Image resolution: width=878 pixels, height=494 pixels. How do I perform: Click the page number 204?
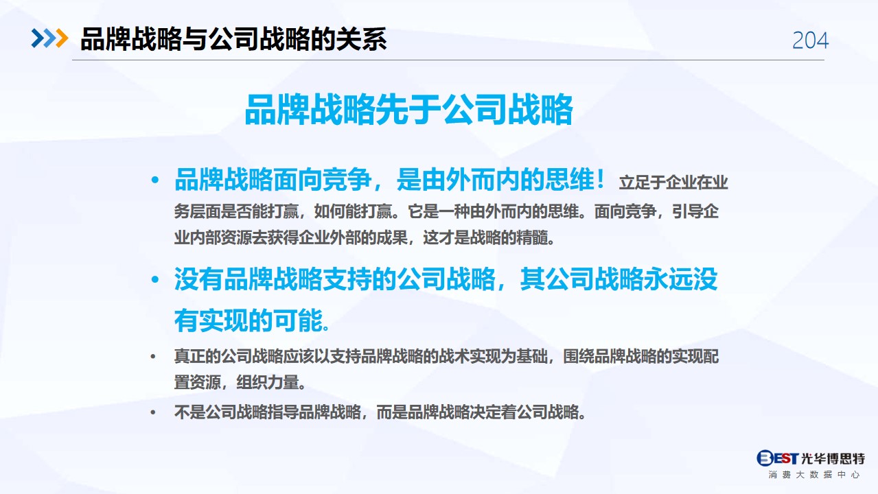(x=810, y=40)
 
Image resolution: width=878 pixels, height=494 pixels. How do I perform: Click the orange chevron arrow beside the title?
(x=62, y=38)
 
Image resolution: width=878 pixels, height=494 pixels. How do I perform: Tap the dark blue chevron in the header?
(x=38, y=38)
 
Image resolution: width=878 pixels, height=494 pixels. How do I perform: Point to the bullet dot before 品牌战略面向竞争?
(x=155, y=180)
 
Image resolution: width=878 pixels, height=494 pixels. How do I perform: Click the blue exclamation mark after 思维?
(x=601, y=180)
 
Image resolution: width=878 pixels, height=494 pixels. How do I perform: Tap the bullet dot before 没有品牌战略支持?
(x=155, y=279)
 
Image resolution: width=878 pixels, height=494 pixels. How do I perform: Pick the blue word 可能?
(x=298, y=320)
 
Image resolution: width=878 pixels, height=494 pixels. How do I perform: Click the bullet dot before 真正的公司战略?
(x=153, y=357)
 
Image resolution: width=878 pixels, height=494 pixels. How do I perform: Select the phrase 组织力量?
(x=268, y=382)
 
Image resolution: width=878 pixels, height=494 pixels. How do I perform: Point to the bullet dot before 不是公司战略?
(x=153, y=412)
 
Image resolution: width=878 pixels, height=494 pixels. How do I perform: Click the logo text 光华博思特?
(x=833, y=458)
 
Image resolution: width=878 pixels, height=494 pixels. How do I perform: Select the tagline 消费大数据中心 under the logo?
(x=813, y=475)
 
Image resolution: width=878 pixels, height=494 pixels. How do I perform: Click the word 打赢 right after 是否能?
(x=283, y=211)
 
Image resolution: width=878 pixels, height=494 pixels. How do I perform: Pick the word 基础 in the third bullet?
(x=532, y=357)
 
